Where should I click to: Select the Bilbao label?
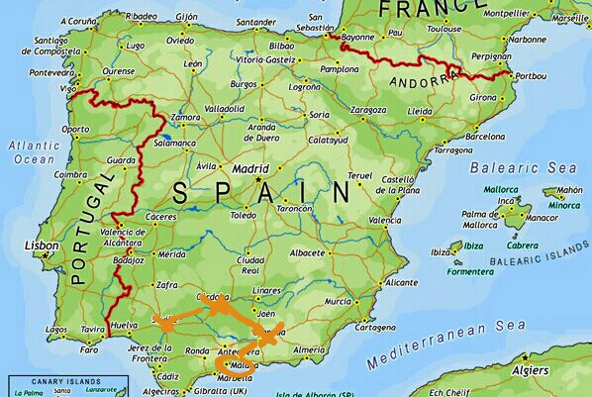click(282, 46)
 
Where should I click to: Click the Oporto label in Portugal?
click(74, 129)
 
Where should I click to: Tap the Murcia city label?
click(339, 300)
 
